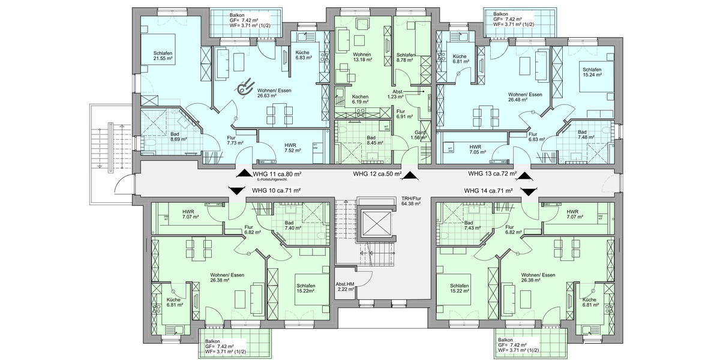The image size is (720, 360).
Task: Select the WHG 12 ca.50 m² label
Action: (x=376, y=174)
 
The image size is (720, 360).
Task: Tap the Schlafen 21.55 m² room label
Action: (x=163, y=56)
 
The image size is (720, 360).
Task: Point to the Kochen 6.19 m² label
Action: (x=360, y=100)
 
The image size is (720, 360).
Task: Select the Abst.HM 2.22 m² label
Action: (x=346, y=286)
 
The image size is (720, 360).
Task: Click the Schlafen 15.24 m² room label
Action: (x=592, y=73)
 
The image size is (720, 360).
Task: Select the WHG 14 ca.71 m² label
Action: (x=488, y=191)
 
